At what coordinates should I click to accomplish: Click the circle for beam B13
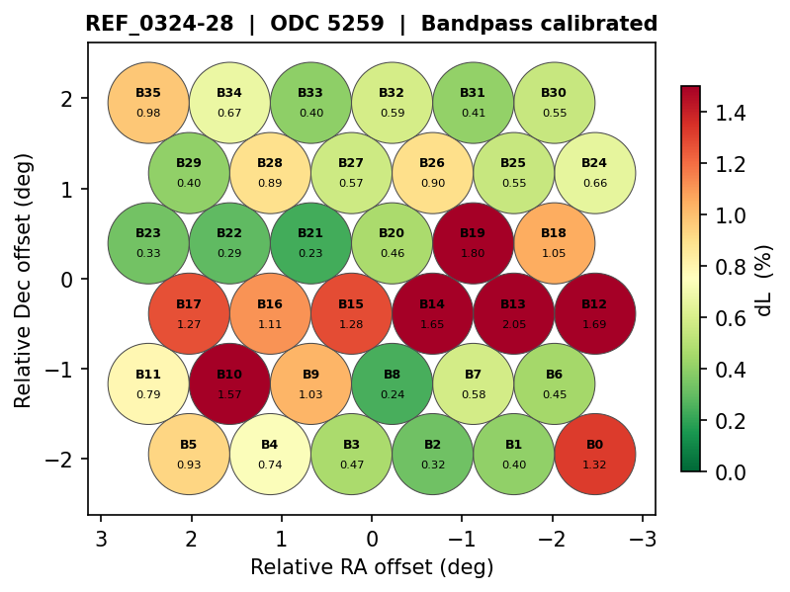tap(513, 313)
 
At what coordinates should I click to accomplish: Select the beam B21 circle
tap(310, 242)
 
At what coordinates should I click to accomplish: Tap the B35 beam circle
tap(148, 103)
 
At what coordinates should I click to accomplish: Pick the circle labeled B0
tap(594, 454)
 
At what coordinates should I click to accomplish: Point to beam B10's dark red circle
tap(229, 383)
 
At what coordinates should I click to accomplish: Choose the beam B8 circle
tap(392, 383)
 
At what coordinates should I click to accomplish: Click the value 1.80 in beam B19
tap(473, 253)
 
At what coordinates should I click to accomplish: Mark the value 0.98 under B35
tap(148, 113)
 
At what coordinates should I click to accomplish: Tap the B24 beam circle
tap(594, 173)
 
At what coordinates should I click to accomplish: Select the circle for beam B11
tap(148, 383)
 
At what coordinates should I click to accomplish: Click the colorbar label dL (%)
tap(763, 280)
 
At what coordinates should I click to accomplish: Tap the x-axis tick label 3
tap(101, 539)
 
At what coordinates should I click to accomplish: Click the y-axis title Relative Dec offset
tap(23, 280)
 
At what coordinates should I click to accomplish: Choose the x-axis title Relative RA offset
tap(372, 567)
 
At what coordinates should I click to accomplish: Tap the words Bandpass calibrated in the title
tap(539, 24)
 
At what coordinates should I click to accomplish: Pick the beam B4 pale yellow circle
tap(270, 454)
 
